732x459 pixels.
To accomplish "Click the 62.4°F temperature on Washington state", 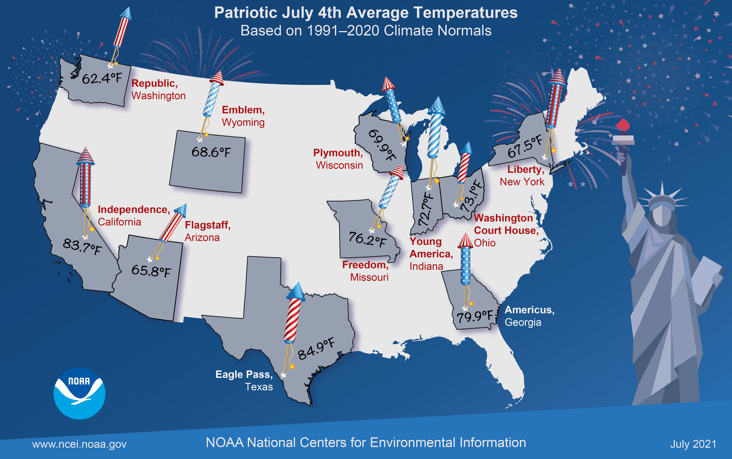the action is click(101, 78).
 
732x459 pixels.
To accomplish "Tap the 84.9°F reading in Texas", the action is click(316, 349).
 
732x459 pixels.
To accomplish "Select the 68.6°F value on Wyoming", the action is click(211, 152).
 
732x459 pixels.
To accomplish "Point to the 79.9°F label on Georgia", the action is click(475, 317).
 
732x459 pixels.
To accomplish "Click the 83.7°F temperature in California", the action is click(82, 246).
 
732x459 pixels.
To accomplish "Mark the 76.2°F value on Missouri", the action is click(367, 239).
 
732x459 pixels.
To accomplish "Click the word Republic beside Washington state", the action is click(155, 83).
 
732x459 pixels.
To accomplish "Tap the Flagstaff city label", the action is click(208, 225).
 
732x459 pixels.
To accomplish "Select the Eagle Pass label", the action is click(244, 375).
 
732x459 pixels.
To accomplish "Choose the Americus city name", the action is click(529, 310).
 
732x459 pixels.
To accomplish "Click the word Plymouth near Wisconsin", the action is click(338, 153).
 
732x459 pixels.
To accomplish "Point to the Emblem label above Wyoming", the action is click(243, 110).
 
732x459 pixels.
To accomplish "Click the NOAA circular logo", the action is click(79, 393).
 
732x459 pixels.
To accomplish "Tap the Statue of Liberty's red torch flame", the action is click(623, 124).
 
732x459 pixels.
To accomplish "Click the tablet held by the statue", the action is click(707, 280).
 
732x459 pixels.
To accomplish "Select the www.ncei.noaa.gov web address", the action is click(79, 444).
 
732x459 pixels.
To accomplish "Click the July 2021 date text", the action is click(693, 444).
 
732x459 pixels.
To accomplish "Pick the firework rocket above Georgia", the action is click(465, 259).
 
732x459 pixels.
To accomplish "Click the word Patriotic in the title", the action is click(246, 13).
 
